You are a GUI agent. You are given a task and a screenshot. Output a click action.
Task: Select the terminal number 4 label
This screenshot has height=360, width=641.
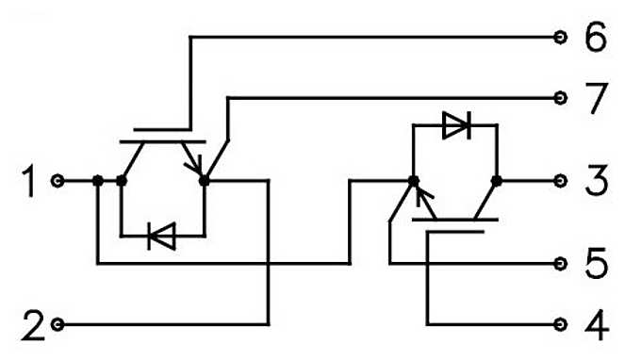pyautogui.click(x=596, y=325)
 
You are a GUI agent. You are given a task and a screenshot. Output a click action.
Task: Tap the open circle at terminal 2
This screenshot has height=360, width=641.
pyautogui.click(x=59, y=324)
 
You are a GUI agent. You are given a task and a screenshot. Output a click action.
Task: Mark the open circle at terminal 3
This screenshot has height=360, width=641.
pyautogui.click(x=561, y=180)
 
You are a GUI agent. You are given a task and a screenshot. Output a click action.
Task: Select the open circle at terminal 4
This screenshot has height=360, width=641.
pyautogui.click(x=561, y=324)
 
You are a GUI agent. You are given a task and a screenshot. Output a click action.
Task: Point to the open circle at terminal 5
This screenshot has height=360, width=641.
pyautogui.click(x=561, y=264)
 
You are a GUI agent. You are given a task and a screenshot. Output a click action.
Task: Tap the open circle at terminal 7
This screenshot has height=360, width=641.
pyautogui.click(x=561, y=97)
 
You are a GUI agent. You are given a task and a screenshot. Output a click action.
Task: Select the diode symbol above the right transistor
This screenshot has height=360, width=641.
pyautogui.click(x=456, y=125)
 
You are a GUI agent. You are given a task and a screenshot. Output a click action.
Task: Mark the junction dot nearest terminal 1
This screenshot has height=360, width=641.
pyautogui.click(x=98, y=180)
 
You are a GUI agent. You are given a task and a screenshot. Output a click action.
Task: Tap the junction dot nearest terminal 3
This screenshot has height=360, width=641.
pyautogui.click(x=497, y=180)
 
